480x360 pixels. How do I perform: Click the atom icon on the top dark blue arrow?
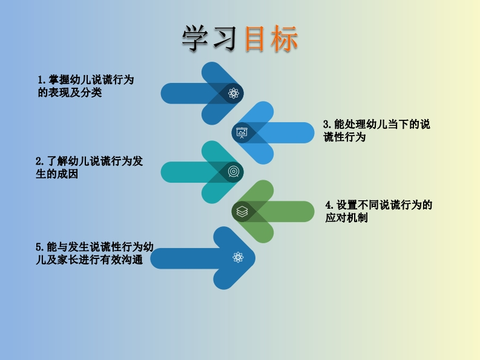pyautogui.click(x=234, y=93)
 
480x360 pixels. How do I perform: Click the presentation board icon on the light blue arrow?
pyautogui.click(x=242, y=133)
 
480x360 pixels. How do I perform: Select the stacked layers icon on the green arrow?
pyautogui.click(x=242, y=211)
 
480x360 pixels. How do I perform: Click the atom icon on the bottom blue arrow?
pyautogui.click(x=238, y=258)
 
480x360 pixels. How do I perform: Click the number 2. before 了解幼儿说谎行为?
pyautogui.click(x=39, y=162)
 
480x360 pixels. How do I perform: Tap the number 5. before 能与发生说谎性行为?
pyautogui.click(x=40, y=247)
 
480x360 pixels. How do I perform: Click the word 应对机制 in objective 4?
pyautogui.click(x=347, y=218)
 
